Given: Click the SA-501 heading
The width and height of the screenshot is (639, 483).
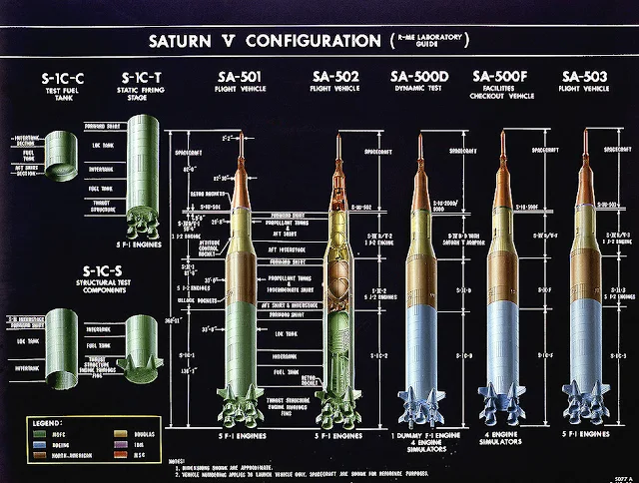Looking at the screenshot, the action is [243, 77].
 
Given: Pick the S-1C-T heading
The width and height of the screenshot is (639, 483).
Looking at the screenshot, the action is [144, 77].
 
